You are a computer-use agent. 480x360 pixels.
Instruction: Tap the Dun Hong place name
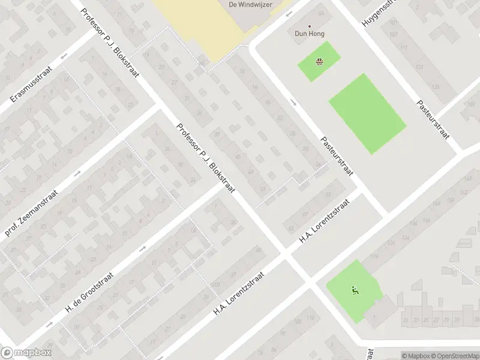(310, 34)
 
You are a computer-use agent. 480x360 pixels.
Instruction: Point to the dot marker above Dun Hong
(310, 26)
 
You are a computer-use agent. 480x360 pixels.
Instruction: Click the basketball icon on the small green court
(319, 61)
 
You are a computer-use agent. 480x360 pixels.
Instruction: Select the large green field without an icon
(367, 113)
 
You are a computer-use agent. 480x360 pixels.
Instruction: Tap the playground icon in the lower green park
(354, 291)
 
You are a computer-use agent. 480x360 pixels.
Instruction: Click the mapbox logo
(26, 353)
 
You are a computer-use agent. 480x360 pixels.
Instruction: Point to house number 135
(436, 88)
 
